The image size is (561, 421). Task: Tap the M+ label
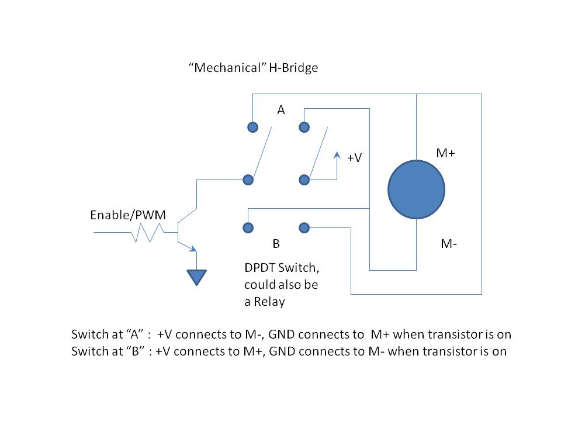click(x=446, y=153)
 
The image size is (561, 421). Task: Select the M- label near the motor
click(x=448, y=244)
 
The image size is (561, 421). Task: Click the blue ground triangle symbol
click(x=196, y=276)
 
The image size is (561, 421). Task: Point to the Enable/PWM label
click(x=128, y=215)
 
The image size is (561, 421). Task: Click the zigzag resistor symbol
click(x=147, y=233)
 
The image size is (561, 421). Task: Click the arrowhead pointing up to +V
click(x=336, y=155)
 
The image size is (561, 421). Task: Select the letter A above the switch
click(x=280, y=110)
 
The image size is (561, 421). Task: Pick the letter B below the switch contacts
click(x=276, y=243)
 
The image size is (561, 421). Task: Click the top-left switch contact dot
click(x=252, y=127)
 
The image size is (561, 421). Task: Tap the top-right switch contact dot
click(x=303, y=127)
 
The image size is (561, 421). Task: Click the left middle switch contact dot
click(x=248, y=180)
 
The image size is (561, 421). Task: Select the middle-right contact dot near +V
click(x=303, y=180)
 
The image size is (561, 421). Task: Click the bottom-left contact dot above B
click(x=248, y=227)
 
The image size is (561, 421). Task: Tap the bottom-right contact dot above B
click(x=303, y=227)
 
